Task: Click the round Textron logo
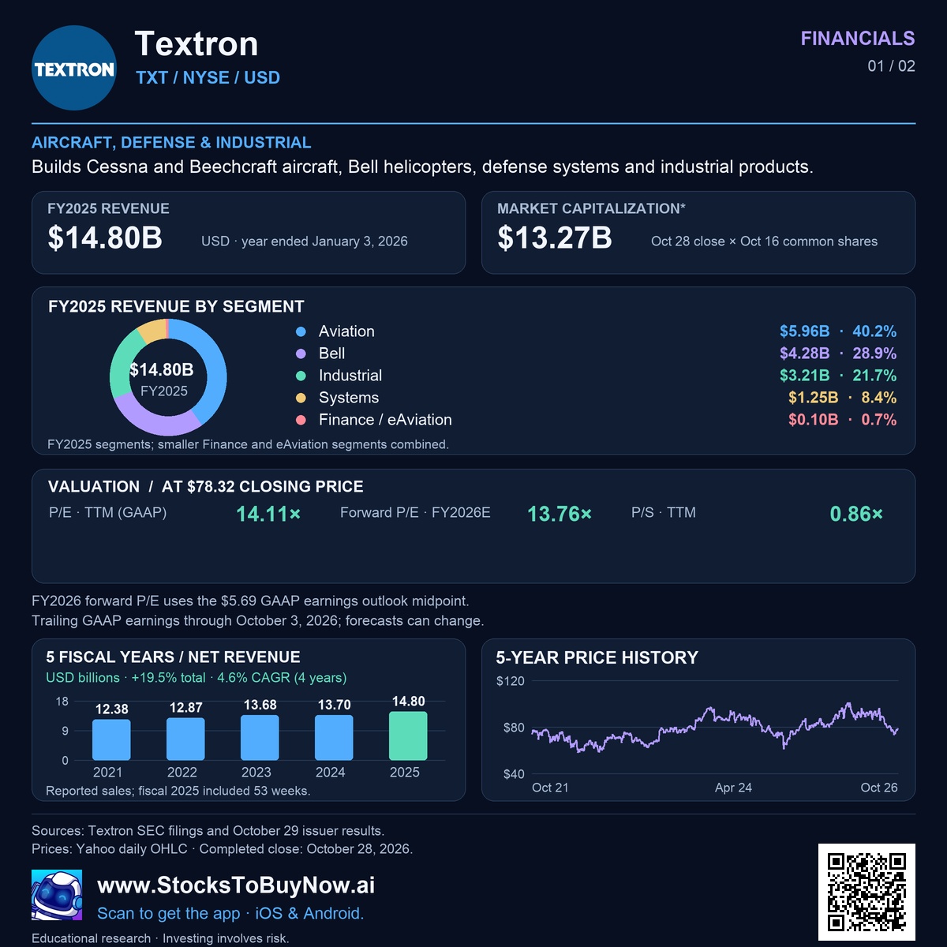point(74,68)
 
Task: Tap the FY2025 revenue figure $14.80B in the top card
point(105,238)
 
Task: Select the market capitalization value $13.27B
point(554,238)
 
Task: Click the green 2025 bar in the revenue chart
point(408,736)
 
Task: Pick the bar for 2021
point(111,739)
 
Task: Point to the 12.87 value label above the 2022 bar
point(185,707)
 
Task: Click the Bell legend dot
point(301,354)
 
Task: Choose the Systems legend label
point(349,398)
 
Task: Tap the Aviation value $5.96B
point(804,331)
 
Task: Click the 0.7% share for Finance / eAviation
point(878,420)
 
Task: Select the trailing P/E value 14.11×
point(268,514)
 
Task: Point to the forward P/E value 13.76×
point(560,514)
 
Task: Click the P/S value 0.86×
point(856,514)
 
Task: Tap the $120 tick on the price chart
point(510,681)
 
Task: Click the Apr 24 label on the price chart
point(733,788)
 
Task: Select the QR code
point(867,892)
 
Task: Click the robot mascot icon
point(57,895)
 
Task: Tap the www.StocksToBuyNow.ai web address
point(236,885)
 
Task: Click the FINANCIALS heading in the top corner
point(858,39)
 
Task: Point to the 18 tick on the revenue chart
point(62,702)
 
